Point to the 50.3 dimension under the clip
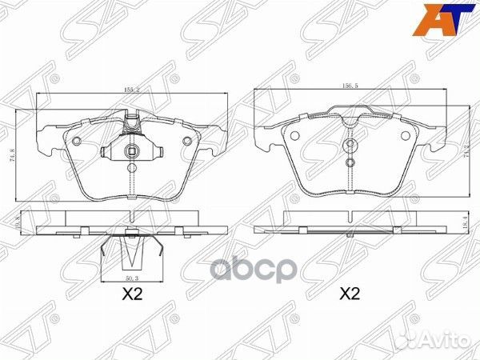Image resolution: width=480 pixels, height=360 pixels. tap(131, 277)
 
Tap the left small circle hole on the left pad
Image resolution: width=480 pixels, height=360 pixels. tap(76, 142)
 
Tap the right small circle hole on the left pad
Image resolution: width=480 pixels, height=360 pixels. tap(187, 142)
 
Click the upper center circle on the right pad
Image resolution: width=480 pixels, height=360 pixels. tap(350, 145)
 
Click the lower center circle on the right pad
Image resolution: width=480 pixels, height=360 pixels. tap(350, 162)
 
